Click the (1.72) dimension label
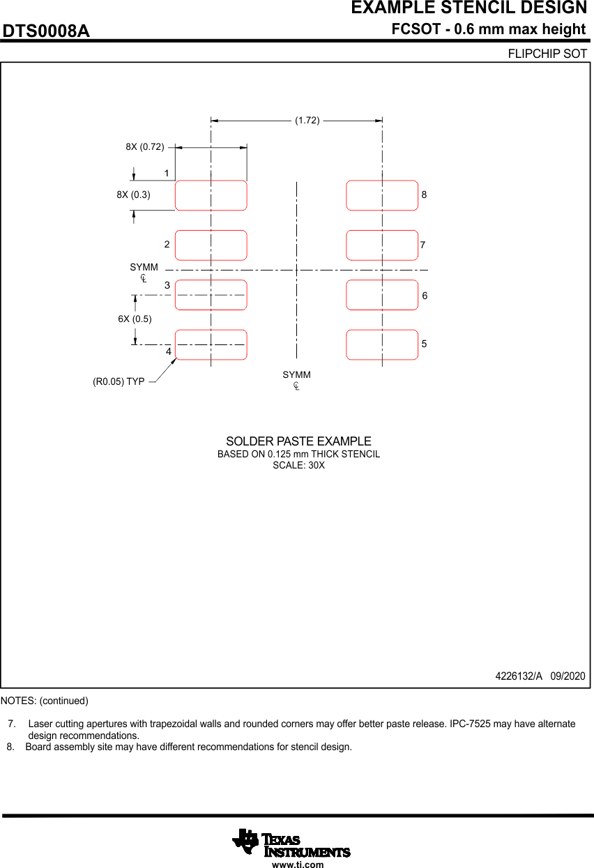click(x=307, y=121)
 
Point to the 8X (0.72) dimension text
click(x=145, y=147)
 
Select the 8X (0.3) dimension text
click(x=133, y=195)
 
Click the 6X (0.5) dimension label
click(x=135, y=319)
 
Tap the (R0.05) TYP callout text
click(x=119, y=381)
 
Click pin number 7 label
click(x=422, y=245)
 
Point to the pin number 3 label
click(x=167, y=285)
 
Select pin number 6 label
click(x=425, y=296)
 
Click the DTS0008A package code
click(x=46, y=31)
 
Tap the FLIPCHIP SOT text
click(x=547, y=54)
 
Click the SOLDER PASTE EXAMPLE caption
click(x=299, y=441)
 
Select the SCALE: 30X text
click(x=299, y=466)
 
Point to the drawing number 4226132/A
click(x=519, y=676)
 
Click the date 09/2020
click(x=568, y=676)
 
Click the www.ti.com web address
click(x=298, y=864)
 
